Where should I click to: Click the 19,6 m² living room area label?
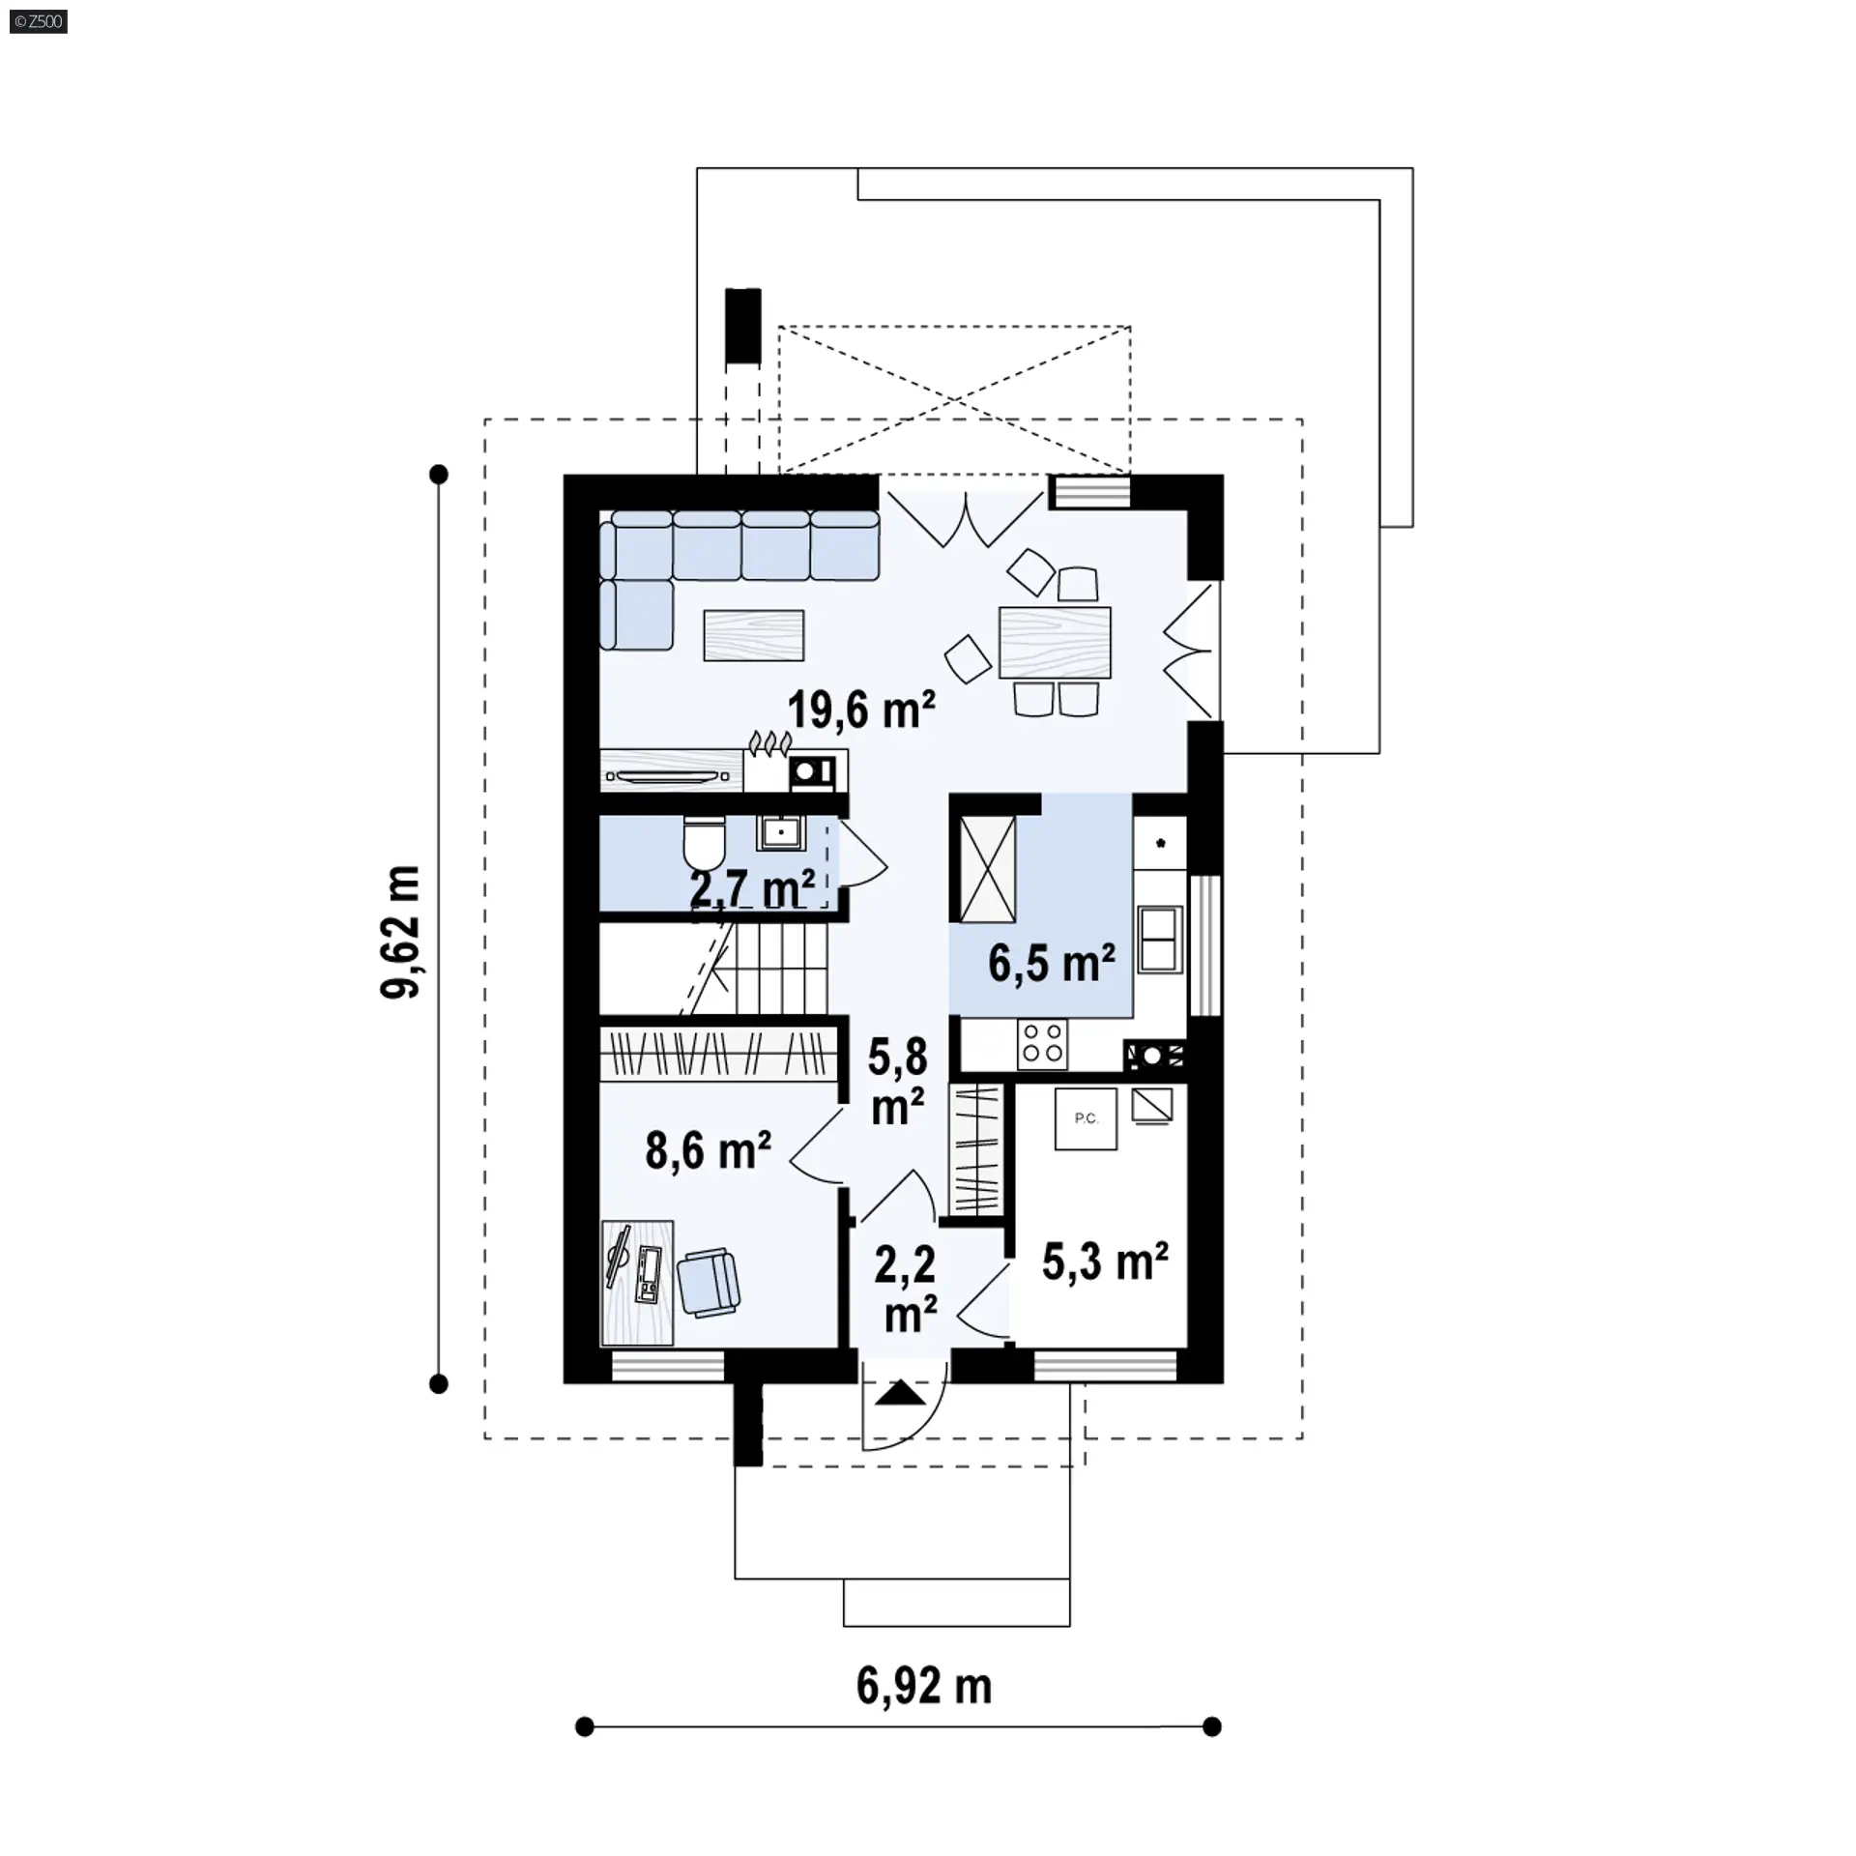[861, 710]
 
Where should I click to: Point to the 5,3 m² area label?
[1105, 1261]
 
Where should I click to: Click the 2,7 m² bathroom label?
[752, 888]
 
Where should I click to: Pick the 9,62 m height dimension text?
[400, 931]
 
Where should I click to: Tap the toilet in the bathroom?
[704, 844]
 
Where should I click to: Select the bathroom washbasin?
[780, 832]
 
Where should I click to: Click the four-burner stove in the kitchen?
[1042, 1044]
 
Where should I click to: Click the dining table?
[1055, 642]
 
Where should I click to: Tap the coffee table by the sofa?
[754, 635]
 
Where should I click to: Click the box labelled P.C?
[1086, 1118]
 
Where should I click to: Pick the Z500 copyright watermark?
[39, 21]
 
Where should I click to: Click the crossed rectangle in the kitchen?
[988, 868]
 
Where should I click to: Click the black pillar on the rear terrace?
[742, 326]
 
